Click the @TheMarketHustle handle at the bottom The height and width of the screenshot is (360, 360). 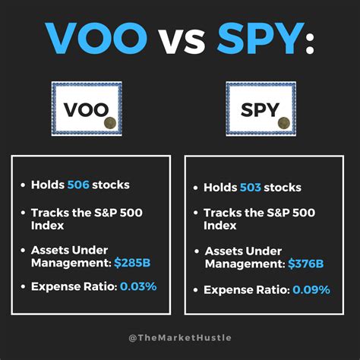tap(179, 336)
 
